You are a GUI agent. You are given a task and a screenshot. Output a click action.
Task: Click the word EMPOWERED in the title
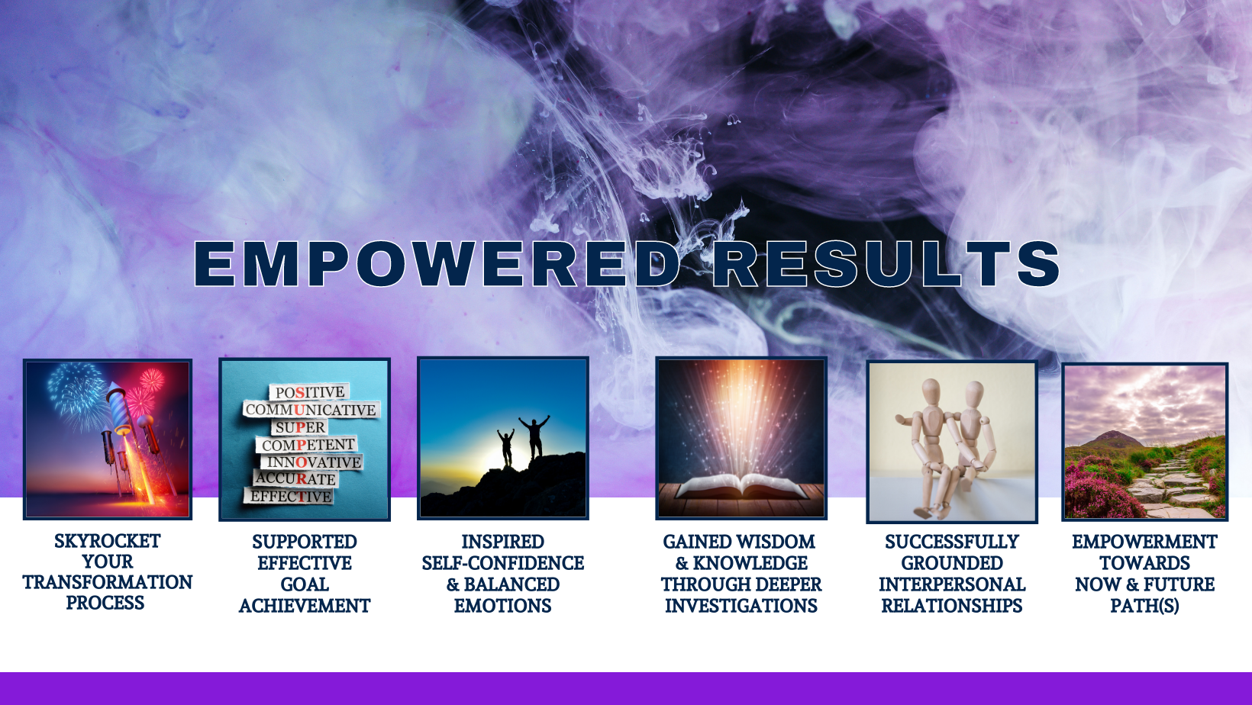[x=437, y=264]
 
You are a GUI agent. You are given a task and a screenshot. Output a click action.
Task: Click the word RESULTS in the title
[x=887, y=264]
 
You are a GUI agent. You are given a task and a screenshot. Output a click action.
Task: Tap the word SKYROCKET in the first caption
[x=108, y=541]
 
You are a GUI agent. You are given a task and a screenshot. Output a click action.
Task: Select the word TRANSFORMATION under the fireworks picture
[x=108, y=582]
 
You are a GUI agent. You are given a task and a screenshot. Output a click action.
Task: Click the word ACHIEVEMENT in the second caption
[x=305, y=606]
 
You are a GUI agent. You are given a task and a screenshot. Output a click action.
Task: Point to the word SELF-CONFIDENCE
[x=503, y=562]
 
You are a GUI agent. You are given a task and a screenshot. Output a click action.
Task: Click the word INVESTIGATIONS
[x=741, y=606]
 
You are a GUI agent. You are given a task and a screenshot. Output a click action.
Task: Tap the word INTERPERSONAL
[x=952, y=584]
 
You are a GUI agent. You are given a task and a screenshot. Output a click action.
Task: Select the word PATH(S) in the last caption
[x=1144, y=606]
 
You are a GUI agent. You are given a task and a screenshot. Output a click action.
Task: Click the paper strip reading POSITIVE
[x=310, y=392]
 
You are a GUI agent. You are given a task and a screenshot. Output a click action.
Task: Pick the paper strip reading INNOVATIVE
[x=312, y=462]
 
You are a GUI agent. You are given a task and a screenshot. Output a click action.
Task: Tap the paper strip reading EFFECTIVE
[x=289, y=496]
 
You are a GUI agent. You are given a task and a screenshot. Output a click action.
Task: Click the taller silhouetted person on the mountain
[x=535, y=436]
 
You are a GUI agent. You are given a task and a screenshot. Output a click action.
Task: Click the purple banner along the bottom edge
[x=626, y=688]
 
